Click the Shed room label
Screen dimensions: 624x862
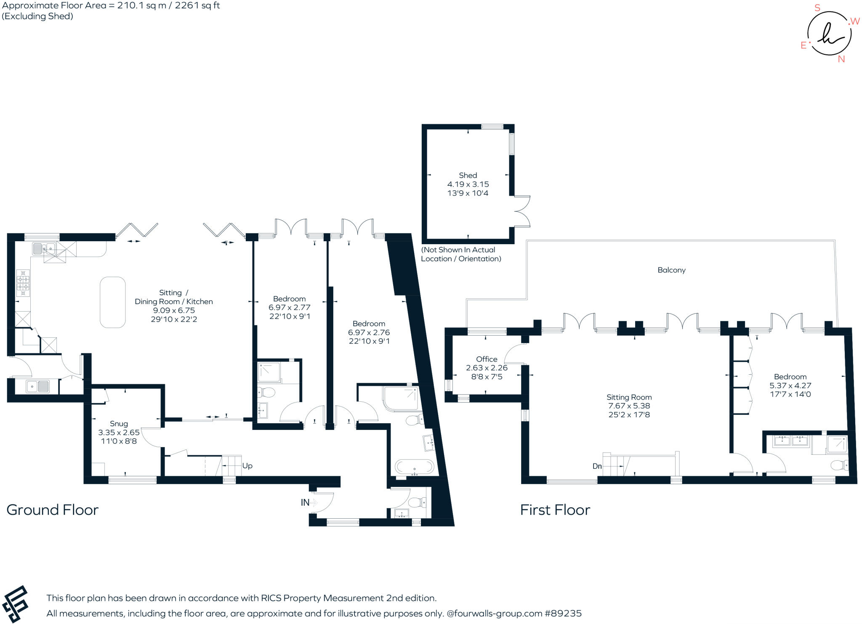pos(468,175)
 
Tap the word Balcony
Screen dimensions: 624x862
pos(671,270)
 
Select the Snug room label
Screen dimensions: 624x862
pos(119,424)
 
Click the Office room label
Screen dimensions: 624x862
pos(487,359)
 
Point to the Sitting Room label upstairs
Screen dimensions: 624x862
pos(629,397)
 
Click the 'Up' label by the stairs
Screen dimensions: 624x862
pos(247,466)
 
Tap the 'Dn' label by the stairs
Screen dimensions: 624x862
pos(597,466)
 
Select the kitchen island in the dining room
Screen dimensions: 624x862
pos(112,302)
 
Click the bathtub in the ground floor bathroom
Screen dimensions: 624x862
pos(415,467)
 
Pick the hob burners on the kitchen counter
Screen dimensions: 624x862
pos(23,283)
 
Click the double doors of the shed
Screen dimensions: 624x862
pos(522,211)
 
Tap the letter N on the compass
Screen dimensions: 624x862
pos(841,59)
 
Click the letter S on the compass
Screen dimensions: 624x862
pos(817,8)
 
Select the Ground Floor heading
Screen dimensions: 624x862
pos(52,510)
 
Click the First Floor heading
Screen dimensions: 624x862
pos(555,510)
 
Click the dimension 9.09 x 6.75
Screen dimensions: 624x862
pos(174,310)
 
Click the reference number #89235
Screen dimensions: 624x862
pos(563,613)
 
